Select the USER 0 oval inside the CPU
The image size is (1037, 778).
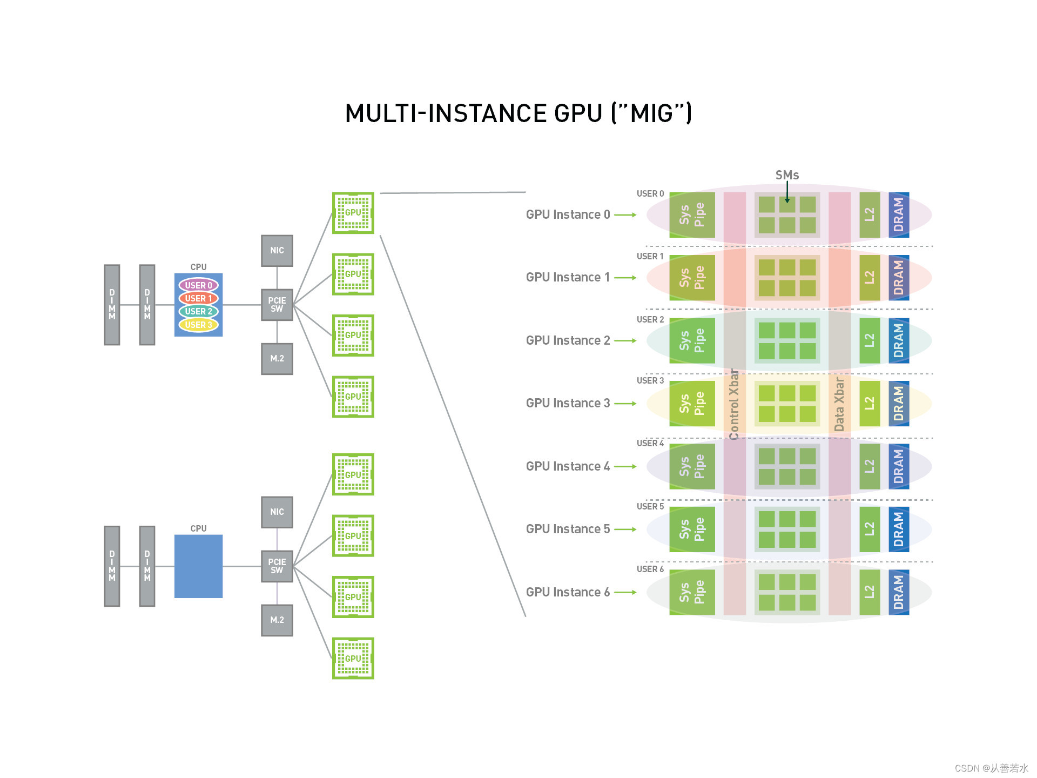198,285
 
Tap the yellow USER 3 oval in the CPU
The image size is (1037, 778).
198,325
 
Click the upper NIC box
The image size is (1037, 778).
277,251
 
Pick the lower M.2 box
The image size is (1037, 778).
277,620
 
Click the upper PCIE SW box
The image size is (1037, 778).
277,305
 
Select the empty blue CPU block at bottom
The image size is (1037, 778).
198,566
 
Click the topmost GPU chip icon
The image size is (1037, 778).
353,213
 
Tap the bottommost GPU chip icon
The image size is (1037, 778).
353,659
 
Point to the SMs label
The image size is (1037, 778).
787,175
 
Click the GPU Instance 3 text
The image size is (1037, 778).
568,404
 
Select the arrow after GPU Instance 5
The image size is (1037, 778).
625,529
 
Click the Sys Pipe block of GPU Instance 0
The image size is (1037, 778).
692,215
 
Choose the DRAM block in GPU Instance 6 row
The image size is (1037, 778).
899,592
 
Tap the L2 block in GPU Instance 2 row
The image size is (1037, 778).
870,340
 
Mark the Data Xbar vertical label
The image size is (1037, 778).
839,404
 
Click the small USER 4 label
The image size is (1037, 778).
650,444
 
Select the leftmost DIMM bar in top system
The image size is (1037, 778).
112,305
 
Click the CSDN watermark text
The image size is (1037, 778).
991,768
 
